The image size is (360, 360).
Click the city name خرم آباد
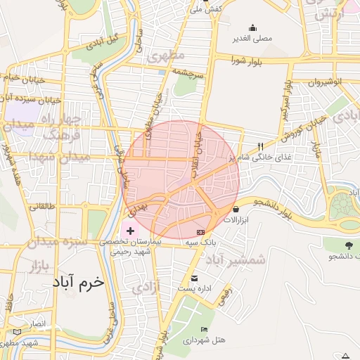click(x=78, y=282)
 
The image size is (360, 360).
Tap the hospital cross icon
click(x=130, y=231)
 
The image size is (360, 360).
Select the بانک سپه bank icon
click(x=201, y=231)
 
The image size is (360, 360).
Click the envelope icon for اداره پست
click(x=195, y=278)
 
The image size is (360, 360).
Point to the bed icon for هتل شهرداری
click(x=204, y=329)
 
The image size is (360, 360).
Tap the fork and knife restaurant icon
click(x=261, y=146)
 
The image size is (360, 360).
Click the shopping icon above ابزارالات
click(x=235, y=209)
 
